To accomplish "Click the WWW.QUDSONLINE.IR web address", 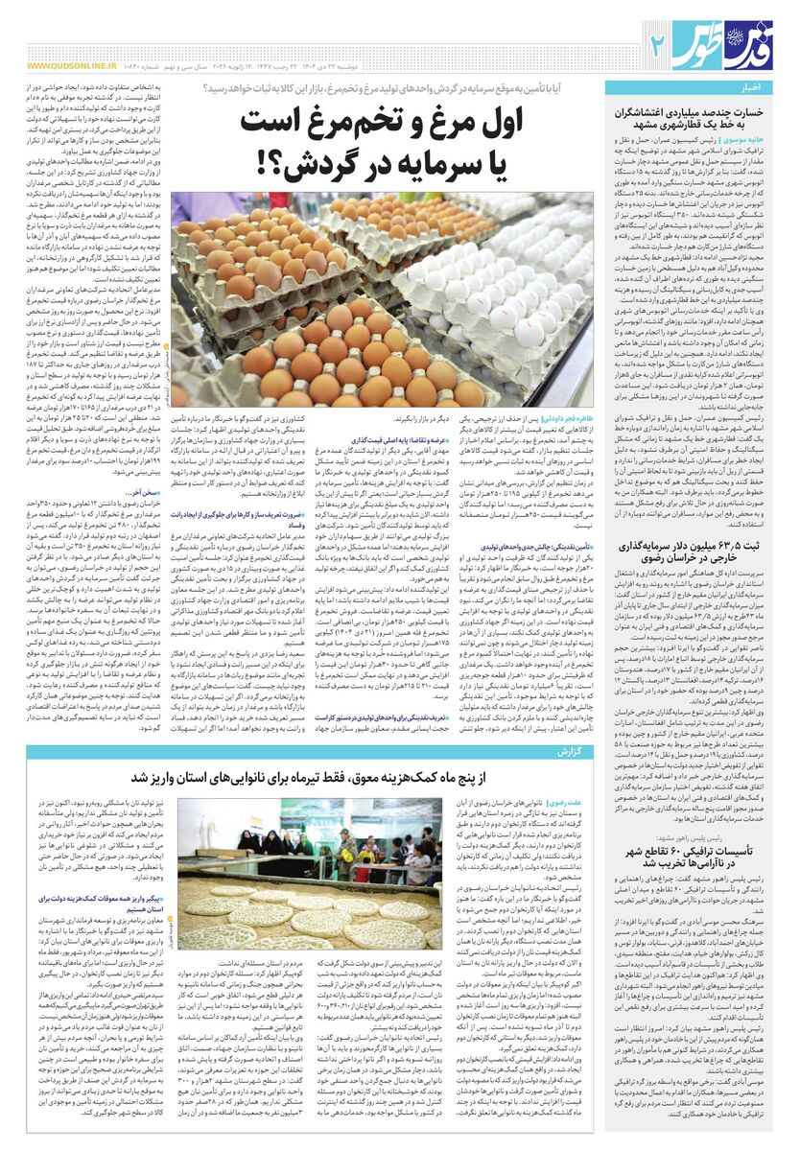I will click(x=72, y=66).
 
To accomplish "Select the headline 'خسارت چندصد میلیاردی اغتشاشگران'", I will click(x=696, y=111).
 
